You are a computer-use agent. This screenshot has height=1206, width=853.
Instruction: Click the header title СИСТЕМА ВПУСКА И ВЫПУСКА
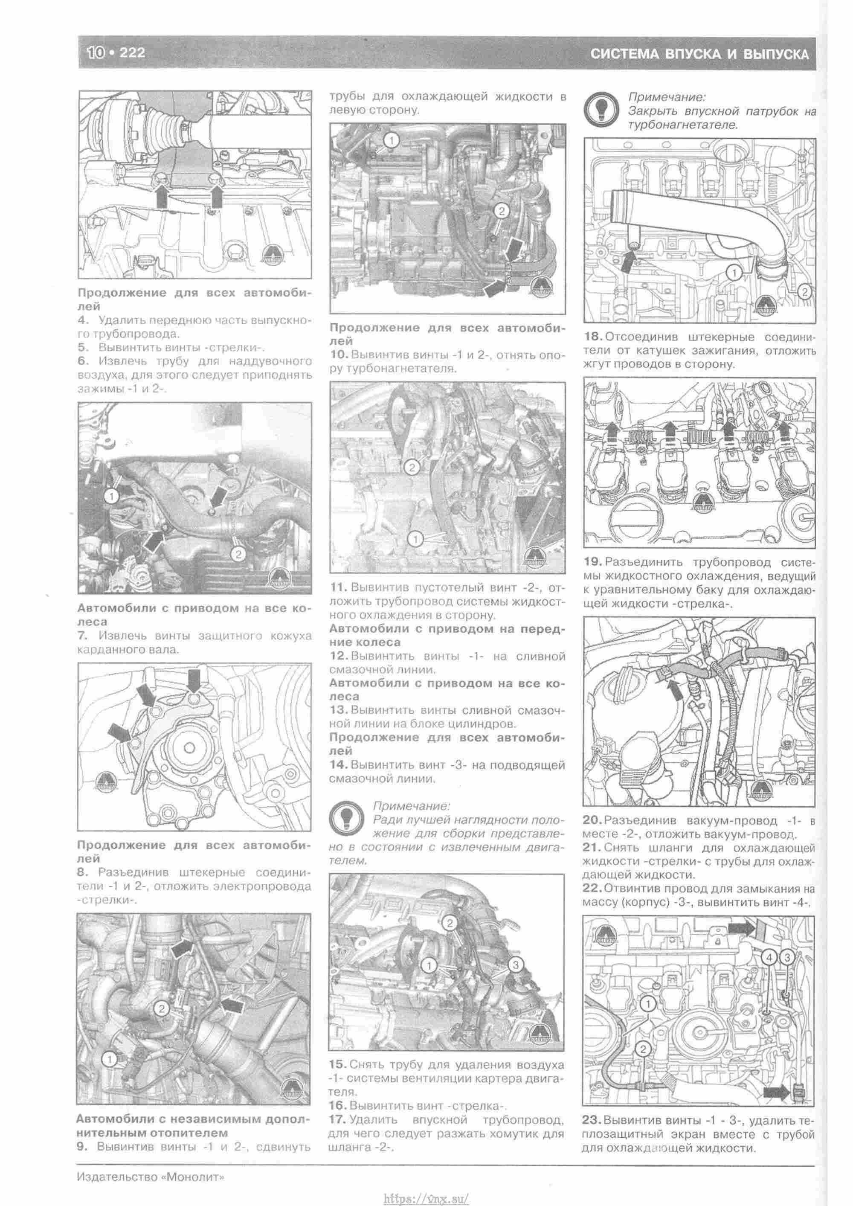[699, 54]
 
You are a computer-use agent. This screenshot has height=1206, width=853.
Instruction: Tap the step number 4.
[81, 320]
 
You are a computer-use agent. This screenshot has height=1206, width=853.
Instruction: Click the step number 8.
[81, 872]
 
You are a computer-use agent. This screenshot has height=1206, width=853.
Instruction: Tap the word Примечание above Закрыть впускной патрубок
[667, 97]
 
